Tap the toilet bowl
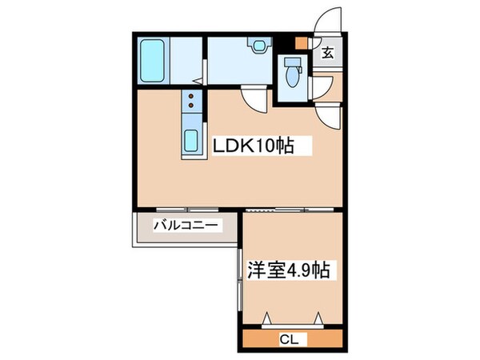pyautogui.click(x=293, y=82)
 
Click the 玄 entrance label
pyautogui.click(x=328, y=54)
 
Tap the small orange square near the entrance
pyautogui.click(x=301, y=45)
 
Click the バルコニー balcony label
pyautogui.click(x=186, y=226)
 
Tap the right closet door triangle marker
pyautogui.click(x=319, y=319)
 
